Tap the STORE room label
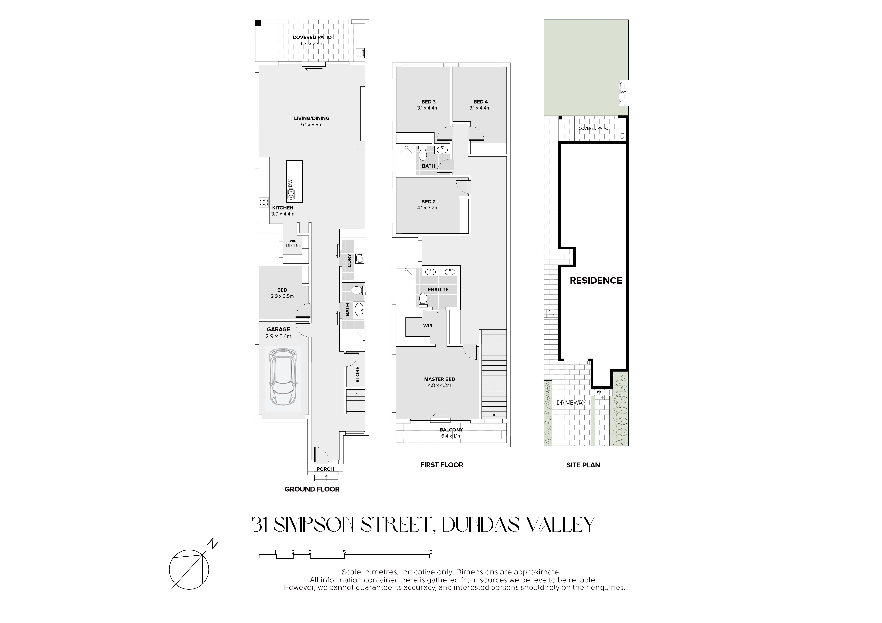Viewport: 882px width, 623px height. pos(358,374)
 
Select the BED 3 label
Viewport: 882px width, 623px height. pos(428,102)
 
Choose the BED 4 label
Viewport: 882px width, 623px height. pos(481,102)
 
